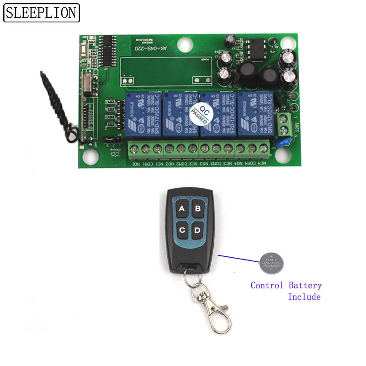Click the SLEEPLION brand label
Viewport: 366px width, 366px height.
pyautogui.click(x=42, y=13)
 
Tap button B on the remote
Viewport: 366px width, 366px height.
pyautogui.click(x=198, y=209)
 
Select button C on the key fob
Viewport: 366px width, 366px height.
pyautogui.click(x=182, y=230)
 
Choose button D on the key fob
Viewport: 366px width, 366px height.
pyautogui.click(x=198, y=230)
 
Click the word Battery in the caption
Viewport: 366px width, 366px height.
pyautogui.click(x=305, y=286)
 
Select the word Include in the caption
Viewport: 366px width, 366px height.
pyautogui.click(x=304, y=297)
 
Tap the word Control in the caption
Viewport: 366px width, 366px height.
pyautogui.click(x=267, y=286)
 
